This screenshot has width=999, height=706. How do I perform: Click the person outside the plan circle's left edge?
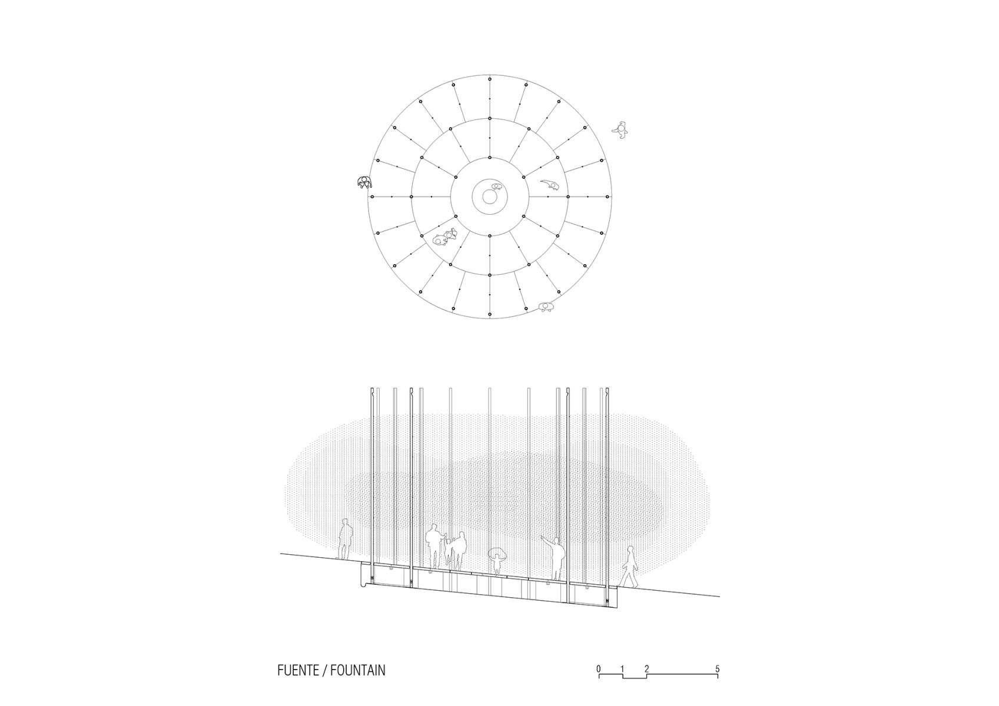365,182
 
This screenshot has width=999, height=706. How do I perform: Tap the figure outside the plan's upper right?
620,129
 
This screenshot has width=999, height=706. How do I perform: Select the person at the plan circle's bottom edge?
546,306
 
